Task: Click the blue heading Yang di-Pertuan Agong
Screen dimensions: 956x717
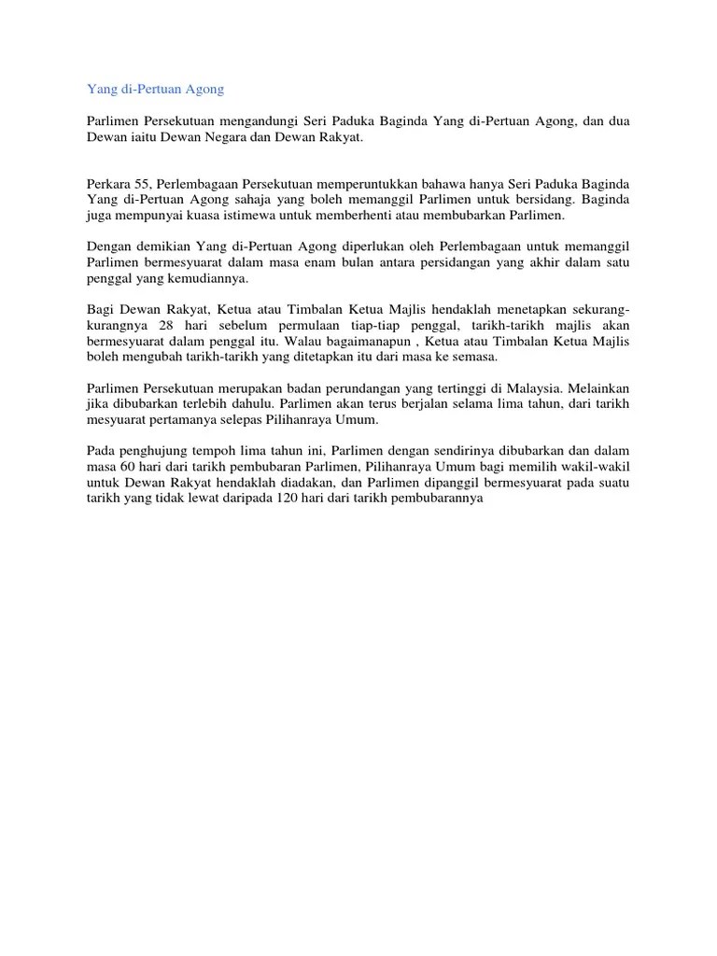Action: pyautogui.click(x=155, y=91)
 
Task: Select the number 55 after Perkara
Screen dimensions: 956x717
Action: pyautogui.click(x=142, y=185)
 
